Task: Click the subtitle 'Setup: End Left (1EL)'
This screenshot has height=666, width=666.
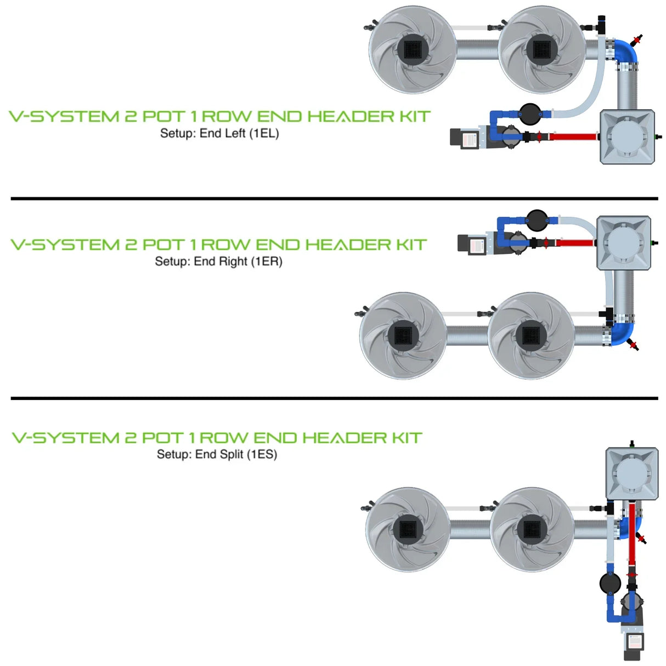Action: tap(219, 133)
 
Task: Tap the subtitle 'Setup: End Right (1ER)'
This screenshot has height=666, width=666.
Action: tap(218, 262)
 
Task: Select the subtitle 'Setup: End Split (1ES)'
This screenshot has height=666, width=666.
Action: tap(217, 454)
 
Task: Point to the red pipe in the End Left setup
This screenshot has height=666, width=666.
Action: tap(573, 136)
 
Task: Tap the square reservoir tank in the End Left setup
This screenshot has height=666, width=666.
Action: tap(627, 136)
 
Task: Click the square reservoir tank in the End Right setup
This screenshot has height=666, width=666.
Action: tap(624, 242)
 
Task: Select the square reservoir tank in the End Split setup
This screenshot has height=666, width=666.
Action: tap(631, 473)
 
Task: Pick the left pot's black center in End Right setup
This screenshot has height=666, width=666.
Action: tap(403, 335)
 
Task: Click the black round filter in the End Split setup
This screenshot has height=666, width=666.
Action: tap(609, 583)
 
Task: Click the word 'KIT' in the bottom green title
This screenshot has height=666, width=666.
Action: tap(406, 438)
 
